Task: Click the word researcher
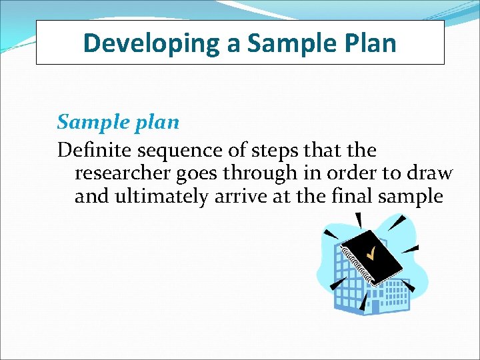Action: (x=125, y=173)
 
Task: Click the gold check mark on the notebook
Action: (x=371, y=253)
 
